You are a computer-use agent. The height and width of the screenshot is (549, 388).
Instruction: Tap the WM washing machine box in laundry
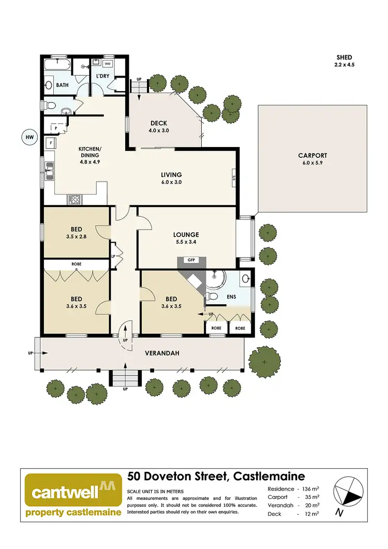tap(108, 64)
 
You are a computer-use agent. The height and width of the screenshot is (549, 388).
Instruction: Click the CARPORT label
tap(312, 155)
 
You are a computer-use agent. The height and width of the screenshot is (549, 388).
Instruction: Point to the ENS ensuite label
tap(232, 298)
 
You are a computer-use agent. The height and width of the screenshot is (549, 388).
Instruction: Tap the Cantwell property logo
tap(73, 495)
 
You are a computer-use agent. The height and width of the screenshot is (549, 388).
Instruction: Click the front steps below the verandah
tap(125, 379)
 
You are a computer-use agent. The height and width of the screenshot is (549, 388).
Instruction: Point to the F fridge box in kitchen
tap(51, 142)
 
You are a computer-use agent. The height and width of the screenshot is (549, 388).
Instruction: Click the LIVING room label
tap(171, 175)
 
